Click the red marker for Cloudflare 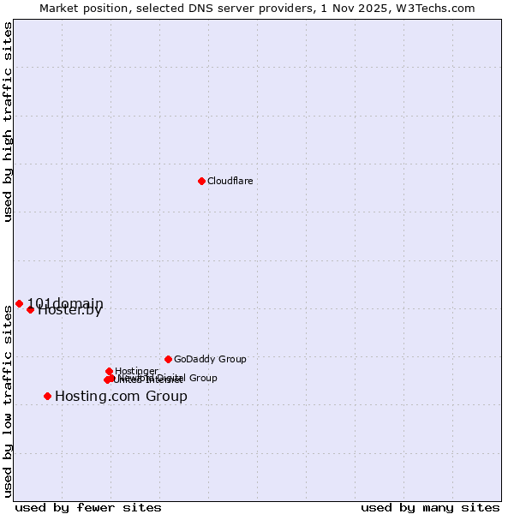(x=201, y=181)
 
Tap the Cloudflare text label (x=230, y=181)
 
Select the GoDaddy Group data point (x=168, y=359)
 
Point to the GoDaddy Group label (x=210, y=359)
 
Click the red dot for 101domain (x=19, y=303)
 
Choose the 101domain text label (x=65, y=303)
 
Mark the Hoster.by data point (x=30, y=309)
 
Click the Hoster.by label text (x=70, y=311)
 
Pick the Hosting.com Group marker (x=47, y=396)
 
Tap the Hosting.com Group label (x=121, y=396)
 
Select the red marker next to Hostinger (x=109, y=371)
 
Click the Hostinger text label (x=136, y=371)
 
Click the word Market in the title (x=61, y=8)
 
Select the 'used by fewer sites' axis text (x=88, y=507)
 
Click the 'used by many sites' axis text (x=430, y=507)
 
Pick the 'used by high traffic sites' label (x=8, y=123)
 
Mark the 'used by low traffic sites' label (x=8, y=400)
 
